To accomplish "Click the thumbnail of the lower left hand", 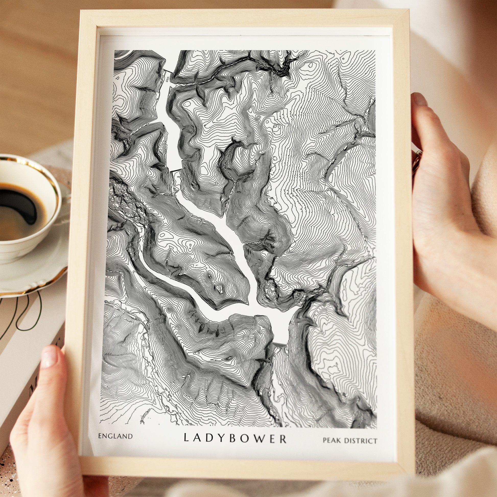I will [x=50, y=359].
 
